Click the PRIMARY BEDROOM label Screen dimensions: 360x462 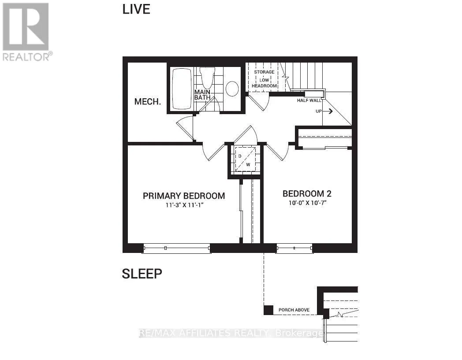(x=184, y=196)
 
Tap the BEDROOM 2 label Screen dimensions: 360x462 (x=307, y=193)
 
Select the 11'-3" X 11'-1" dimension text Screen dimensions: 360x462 (x=184, y=205)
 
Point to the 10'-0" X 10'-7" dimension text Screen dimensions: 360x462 (x=307, y=203)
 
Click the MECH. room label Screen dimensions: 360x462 (x=147, y=102)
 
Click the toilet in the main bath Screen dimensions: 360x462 (x=206, y=78)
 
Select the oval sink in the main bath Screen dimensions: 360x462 (x=232, y=89)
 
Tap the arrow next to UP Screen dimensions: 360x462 (x=328, y=111)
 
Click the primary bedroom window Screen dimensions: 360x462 (x=176, y=249)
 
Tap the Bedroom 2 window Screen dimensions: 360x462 (x=294, y=249)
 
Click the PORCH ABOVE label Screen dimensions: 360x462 (x=294, y=310)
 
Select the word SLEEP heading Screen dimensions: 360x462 (x=142, y=274)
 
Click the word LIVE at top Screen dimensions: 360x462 (x=136, y=9)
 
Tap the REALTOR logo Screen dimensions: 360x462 (x=26, y=31)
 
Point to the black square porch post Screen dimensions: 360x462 (x=268, y=310)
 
